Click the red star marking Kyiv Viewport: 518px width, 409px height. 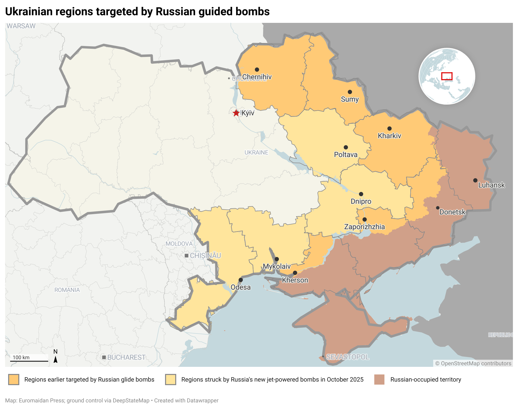(x=236, y=113)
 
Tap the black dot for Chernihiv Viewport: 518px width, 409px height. (x=257, y=70)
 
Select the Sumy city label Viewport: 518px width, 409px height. (x=350, y=99)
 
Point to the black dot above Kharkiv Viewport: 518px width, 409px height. (x=390, y=129)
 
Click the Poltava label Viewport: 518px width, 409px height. (x=346, y=155)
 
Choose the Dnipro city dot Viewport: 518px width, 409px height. (x=361, y=194)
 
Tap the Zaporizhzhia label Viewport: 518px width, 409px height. (x=364, y=227)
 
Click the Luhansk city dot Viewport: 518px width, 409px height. (x=475, y=180)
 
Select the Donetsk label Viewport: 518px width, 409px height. (x=452, y=212)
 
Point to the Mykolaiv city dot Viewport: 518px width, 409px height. (x=277, y=259)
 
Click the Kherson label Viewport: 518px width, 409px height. (x=295, y=280)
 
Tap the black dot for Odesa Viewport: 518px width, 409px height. (x=241, y=280)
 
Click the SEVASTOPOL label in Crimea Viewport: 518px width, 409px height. (x=347, y=357)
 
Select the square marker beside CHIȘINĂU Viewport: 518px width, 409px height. (x=186, y=256)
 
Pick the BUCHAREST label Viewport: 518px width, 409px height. (x=126, y=357)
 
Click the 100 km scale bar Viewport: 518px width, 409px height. (x=29, y=361)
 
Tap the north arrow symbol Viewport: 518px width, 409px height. (x=55, y=359)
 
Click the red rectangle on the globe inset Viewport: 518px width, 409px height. (x=447, y=76)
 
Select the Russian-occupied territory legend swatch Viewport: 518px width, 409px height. (x=379, y=380)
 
